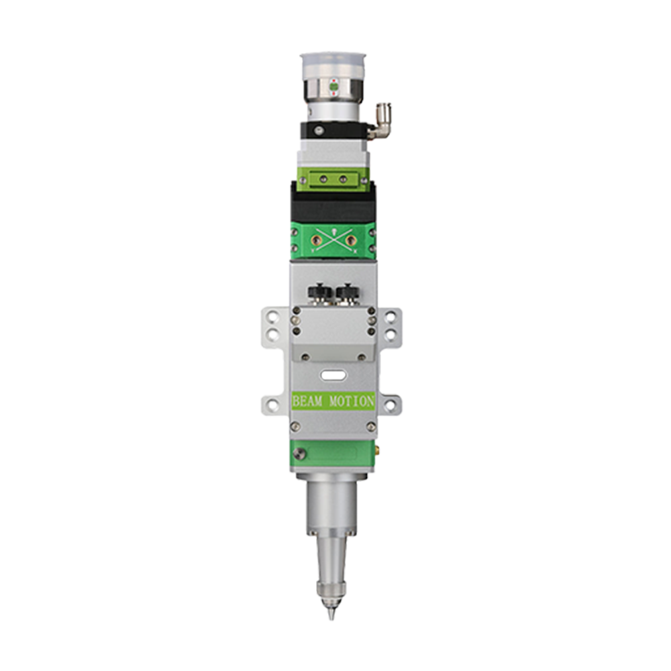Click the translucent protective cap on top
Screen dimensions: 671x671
[333, 66]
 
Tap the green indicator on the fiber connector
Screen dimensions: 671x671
[333, 87]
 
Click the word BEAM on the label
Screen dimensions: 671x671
[307, 401]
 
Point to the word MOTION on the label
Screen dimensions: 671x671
[352, 401]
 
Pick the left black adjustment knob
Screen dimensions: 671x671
[320, 294]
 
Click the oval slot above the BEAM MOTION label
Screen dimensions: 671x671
[334, 376]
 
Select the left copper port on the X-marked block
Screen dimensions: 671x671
[317, 240]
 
